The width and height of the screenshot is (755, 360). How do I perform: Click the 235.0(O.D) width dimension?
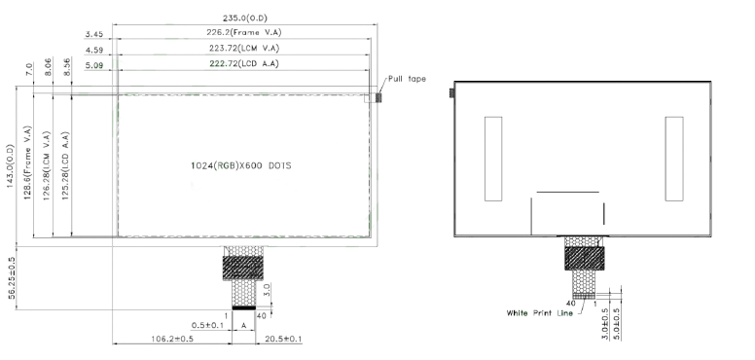[244, 18]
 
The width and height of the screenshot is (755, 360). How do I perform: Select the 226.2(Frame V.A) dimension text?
[244, 32]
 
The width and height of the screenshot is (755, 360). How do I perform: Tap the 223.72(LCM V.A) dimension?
[244, 48]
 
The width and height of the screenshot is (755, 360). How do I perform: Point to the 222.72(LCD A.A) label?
[244, 63]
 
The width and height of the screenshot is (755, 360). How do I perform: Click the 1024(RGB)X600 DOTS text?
[240, 165]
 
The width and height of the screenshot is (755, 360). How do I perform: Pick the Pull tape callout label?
[407, 79]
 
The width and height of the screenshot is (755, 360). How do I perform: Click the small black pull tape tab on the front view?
[378, 97]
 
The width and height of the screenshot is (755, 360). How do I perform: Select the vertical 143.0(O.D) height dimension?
[11, 165]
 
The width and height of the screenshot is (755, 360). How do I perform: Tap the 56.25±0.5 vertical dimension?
[12, 277]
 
